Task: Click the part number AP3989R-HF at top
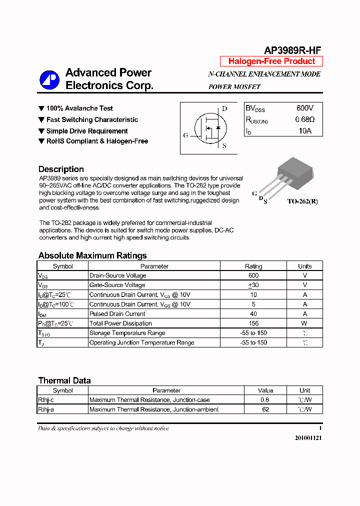tap(292, 50)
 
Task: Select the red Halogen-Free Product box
tap(271, 61)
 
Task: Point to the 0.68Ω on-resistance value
tap(304, 119)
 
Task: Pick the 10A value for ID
tap(304, 131)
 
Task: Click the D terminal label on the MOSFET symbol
tap(224, 108)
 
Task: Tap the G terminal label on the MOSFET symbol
tap(186, 135)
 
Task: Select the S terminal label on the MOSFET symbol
tap(224, 146)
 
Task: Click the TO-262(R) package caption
tap(302, 201)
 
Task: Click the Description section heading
tap(61, 169)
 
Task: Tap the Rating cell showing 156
tap(253, 323)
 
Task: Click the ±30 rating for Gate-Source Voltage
tap(253, 285)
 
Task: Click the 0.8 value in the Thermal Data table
tap(265, 400)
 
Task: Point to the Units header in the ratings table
tap(304, 266)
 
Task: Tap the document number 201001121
tap(308, 437)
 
